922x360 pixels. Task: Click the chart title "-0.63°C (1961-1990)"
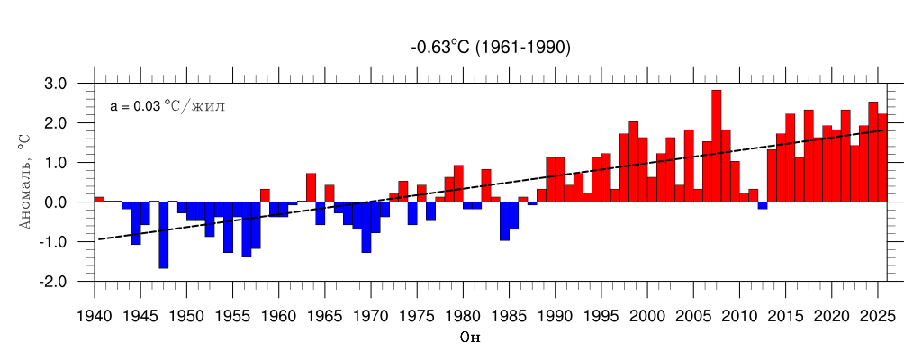(491, 48)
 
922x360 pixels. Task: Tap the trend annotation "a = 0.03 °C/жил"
(167, 106)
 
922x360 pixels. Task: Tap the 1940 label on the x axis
(94, 316)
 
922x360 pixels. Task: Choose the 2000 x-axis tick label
(647, 316)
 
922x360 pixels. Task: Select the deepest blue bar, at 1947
(163, 235)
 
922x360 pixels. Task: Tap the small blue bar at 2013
(762, 205)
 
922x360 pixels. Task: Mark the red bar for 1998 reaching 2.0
(633, 162)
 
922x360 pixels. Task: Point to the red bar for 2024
(872, 152)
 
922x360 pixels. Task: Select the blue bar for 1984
(504, 221)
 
